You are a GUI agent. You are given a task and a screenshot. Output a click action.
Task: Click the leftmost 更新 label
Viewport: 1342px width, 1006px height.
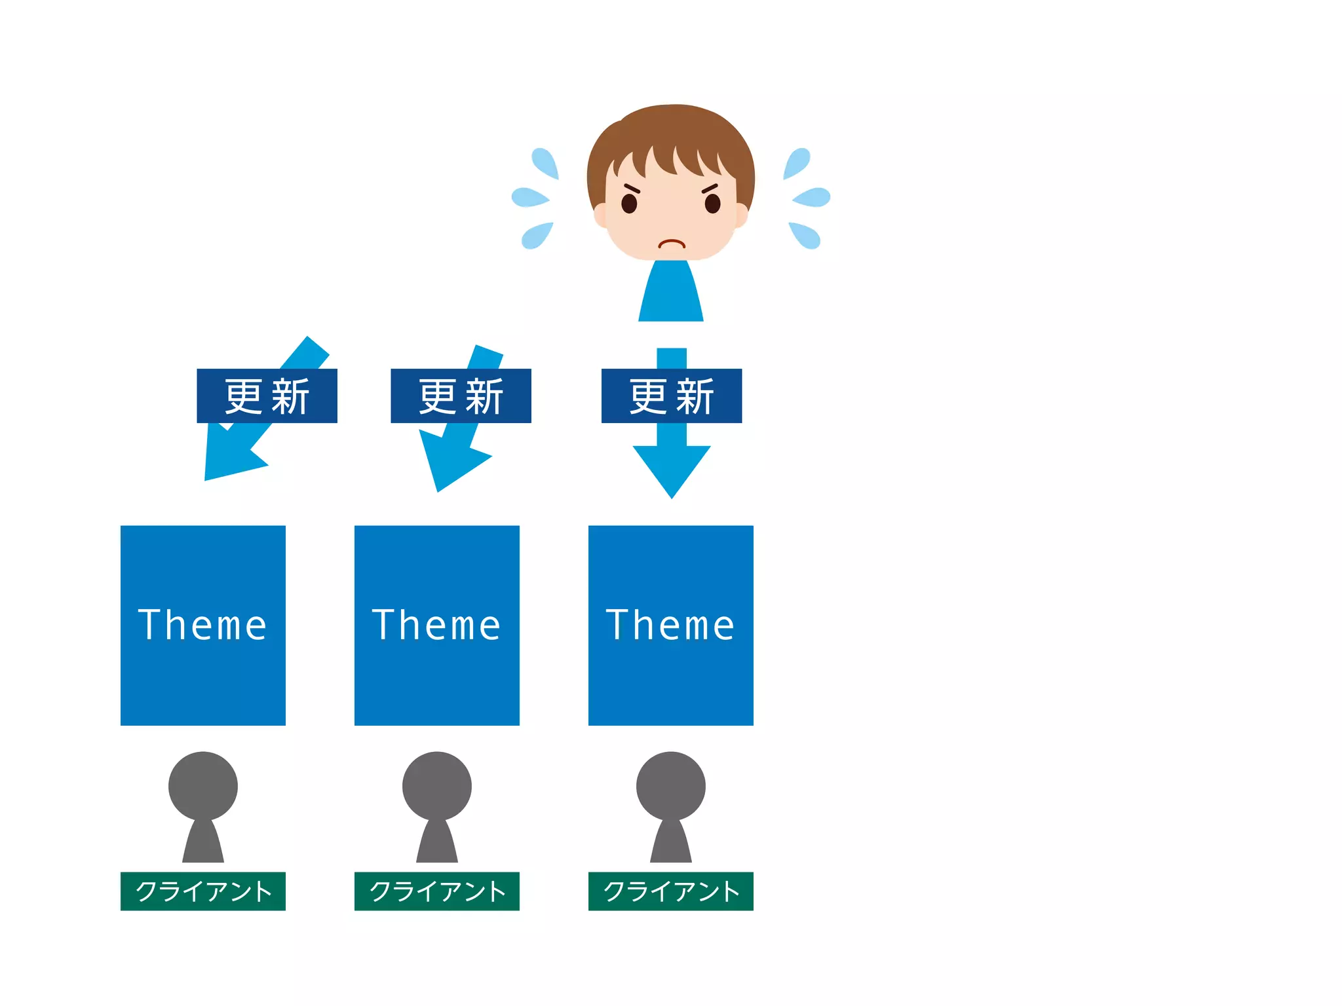click(267, 396)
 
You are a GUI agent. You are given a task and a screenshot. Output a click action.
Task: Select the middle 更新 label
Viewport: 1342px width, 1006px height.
click(461, 396)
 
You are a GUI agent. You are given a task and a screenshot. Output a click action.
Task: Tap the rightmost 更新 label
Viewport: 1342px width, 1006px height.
click(672, 396)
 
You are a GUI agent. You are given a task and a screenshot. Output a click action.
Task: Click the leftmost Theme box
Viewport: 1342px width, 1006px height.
click(203, 625)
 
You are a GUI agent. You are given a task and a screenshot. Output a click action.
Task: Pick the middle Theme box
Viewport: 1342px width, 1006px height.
click(437, 625)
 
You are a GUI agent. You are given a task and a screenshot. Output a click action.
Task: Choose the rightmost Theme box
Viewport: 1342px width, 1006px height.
click(671, 625)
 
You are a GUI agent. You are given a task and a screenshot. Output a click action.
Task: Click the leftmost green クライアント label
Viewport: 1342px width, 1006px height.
click(203, 891)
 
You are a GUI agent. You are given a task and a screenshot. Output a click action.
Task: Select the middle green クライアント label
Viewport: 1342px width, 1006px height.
click(437, 891)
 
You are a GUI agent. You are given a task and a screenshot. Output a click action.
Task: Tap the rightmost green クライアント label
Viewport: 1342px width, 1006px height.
click(671, 891)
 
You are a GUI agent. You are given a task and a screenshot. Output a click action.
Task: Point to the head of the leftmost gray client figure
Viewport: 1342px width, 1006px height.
click(203, 785)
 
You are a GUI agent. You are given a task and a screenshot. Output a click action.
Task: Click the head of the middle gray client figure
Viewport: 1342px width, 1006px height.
click(437, 785)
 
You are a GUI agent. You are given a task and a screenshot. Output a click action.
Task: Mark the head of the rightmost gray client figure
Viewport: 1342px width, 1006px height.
click(671, 785)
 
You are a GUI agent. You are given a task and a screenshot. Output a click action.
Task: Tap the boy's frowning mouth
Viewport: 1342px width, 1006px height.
click(671, 244)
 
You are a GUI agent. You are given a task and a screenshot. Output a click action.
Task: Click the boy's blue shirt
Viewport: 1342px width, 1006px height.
click(671, 295)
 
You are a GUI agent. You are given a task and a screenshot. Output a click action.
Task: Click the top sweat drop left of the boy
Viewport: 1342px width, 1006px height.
click(545, 162)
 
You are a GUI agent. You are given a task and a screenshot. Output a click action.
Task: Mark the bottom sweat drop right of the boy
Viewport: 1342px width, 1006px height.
click(805, 235)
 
